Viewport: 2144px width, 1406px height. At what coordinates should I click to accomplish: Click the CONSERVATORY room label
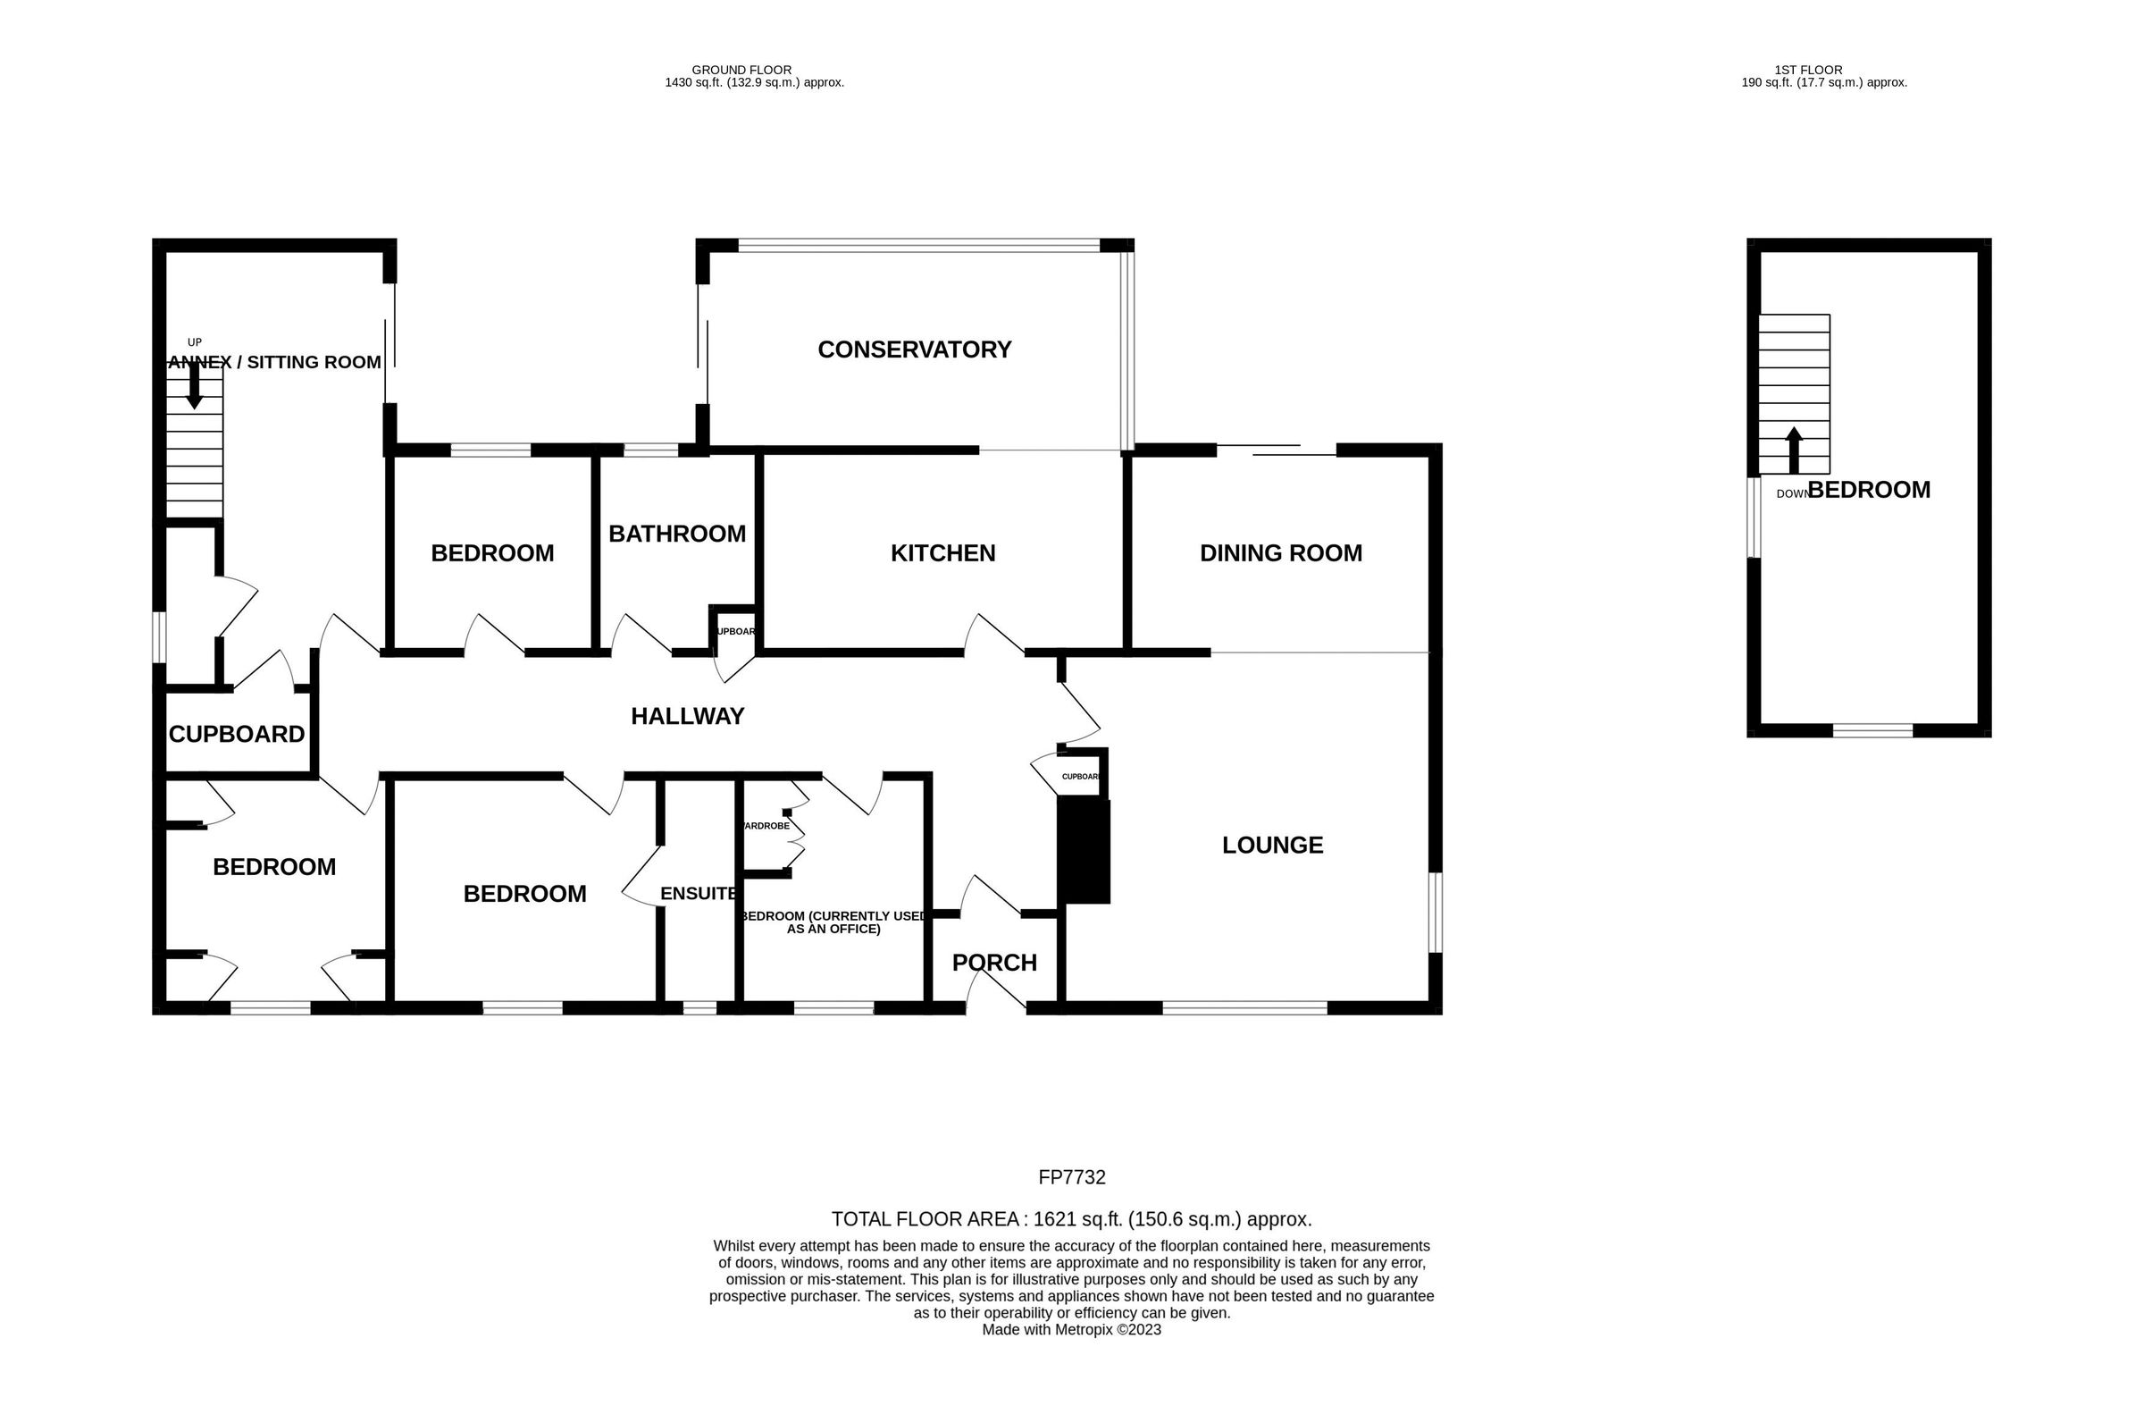(914, 349)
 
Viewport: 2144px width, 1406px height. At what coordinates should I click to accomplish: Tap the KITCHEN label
(942, 553)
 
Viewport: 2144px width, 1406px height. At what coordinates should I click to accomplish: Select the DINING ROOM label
(1280, 553)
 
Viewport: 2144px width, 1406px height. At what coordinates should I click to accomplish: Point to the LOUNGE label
(1272, 846)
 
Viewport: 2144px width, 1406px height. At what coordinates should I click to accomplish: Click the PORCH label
(993, 964)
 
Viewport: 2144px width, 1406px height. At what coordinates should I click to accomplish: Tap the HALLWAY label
(687, 717)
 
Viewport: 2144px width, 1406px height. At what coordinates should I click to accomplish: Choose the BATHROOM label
(676, 535)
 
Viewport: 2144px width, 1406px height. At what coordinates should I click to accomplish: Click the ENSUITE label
(699, 894)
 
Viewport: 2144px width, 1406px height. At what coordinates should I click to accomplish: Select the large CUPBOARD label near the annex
(237, 735)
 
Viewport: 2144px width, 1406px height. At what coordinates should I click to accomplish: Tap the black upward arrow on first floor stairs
(1794, 449)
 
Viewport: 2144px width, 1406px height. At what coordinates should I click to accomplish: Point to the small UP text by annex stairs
(195, 342)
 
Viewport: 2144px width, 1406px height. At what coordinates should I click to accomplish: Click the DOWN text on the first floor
(1791, 494)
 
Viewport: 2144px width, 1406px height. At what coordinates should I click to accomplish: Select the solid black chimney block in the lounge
(1084, 851)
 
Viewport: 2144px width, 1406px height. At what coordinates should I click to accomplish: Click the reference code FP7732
(1071, 1177)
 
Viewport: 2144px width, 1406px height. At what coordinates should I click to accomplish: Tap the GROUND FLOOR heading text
(741, 70)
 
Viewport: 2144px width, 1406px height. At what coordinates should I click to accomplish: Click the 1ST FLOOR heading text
(1808, 70)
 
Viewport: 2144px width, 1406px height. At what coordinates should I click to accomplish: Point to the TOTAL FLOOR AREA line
(1071, 1219)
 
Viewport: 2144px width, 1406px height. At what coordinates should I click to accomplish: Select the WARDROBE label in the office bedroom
(766, 826)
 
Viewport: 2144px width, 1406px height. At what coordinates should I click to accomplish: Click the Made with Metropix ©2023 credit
(1071, 1329)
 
